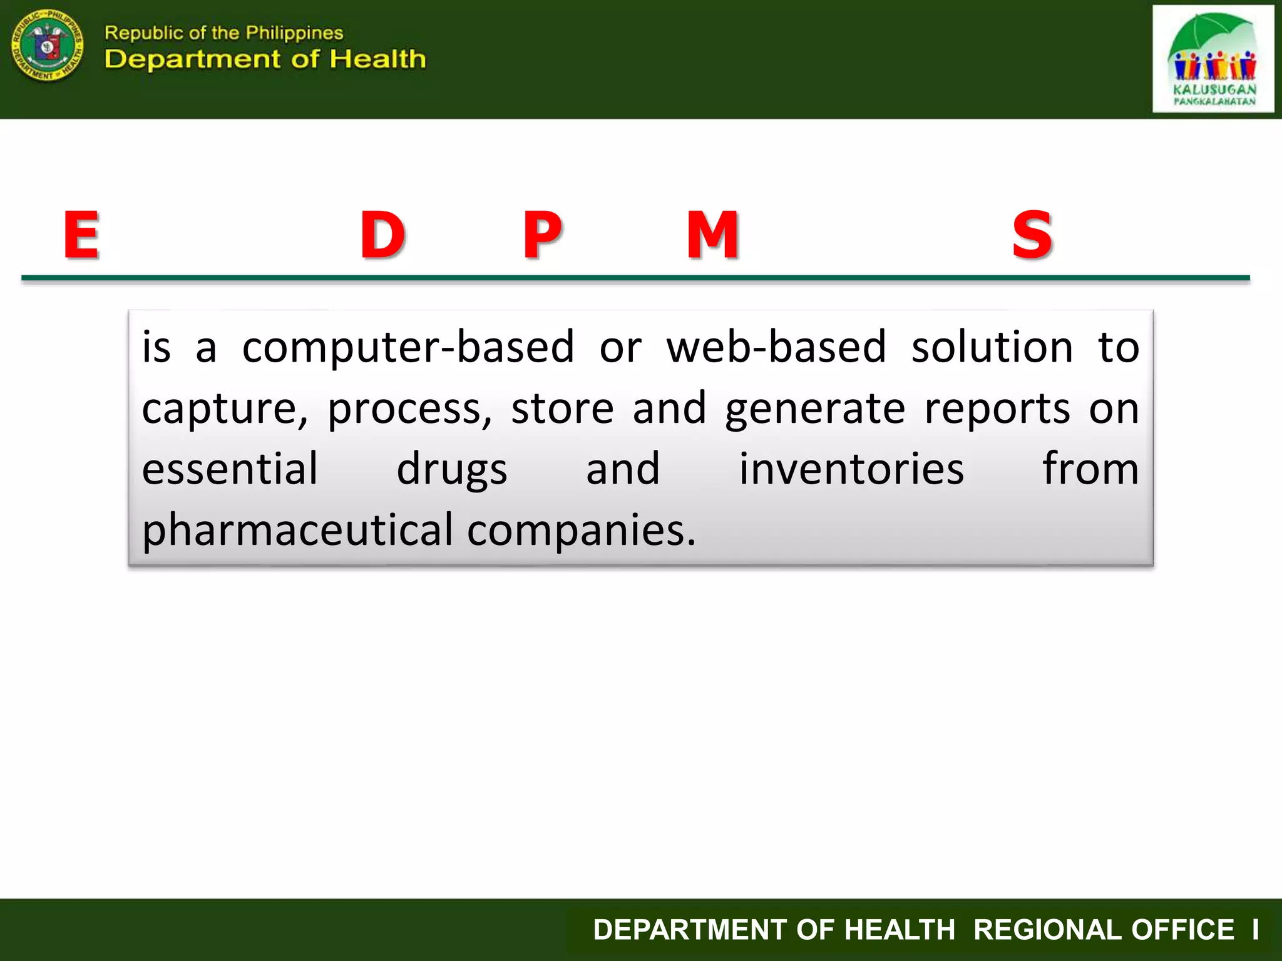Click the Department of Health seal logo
(x=48, y=45)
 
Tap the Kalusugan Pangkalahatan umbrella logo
(x=1213, y=59)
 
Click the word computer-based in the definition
(x=408, y=347)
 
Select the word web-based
(x=776, y=347)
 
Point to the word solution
(x=992, y=347)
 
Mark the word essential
(x=230, y=469)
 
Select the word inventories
(x=851, y=469)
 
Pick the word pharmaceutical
(x=297, y=531)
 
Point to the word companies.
(x=582, y=531)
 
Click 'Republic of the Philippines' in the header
(x=223, y=33)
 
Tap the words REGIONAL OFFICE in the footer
(x=1104, y=930)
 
